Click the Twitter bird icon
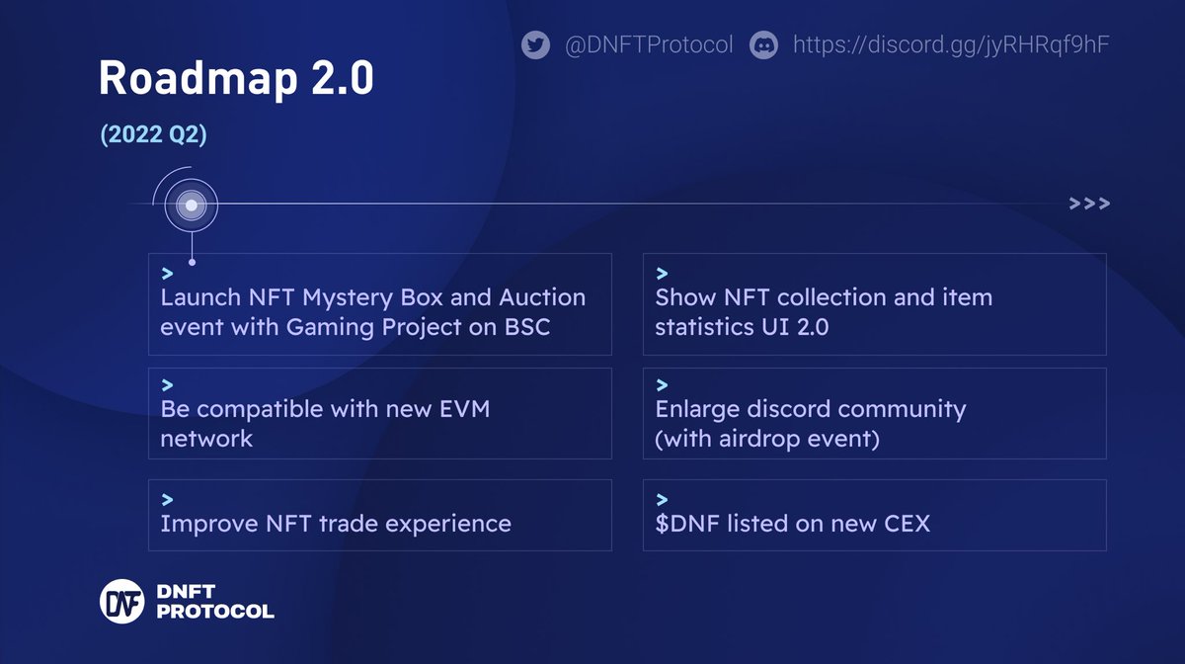click(535, 45)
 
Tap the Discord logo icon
click(764, 45)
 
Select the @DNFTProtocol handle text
click(649, 45)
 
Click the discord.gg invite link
click(953, 45)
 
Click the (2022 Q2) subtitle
click(153, 136)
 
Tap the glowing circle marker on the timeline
click(192, 206)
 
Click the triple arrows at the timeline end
click(1089, 205)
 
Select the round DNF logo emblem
click(122, 601)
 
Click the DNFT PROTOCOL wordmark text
click(214, 601)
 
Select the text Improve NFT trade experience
click(336, 524)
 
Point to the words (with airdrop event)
click(767, 438)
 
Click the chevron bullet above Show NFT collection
click(662, 273)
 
